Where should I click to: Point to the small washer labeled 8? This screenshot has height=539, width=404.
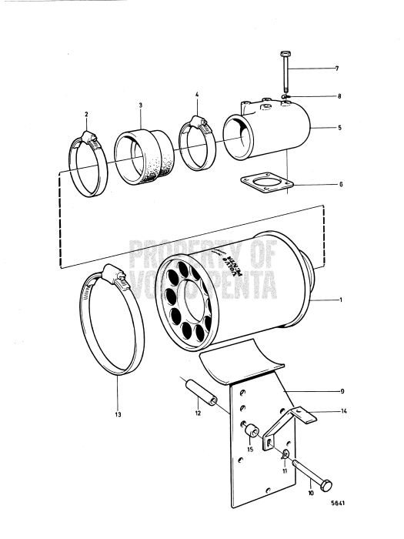pos(285,96)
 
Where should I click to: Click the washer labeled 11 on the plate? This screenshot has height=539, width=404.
pos(282,455)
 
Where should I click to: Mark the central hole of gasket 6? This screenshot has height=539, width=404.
pos(266,183)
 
